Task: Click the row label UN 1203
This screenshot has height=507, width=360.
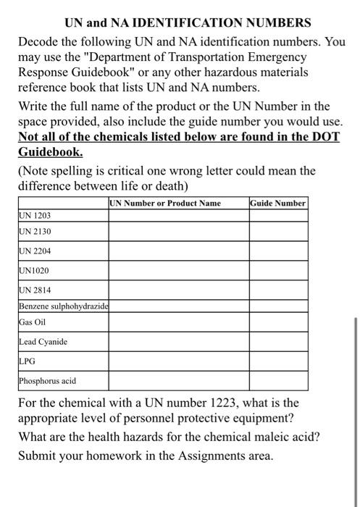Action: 35,216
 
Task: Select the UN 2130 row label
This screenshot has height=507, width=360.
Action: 35,232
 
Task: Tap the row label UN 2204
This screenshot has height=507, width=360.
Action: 35,251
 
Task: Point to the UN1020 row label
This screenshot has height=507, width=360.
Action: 33,271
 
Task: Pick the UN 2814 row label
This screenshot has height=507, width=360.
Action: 35,290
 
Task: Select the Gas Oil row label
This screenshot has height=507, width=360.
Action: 32,322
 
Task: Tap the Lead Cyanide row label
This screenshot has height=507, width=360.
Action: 43,341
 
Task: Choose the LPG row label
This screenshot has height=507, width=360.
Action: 28,361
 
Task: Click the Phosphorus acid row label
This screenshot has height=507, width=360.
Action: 47,380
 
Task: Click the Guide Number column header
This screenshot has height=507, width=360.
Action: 279,204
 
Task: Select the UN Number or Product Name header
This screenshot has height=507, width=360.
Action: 166,204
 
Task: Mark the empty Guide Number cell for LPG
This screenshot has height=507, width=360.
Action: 279,361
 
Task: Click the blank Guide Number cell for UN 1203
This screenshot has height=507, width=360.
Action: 279,216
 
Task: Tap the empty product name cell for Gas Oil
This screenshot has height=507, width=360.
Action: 179,322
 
